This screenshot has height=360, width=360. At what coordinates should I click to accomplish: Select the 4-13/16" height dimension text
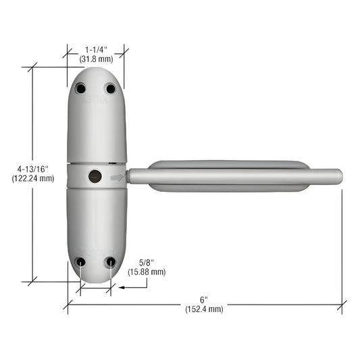33,169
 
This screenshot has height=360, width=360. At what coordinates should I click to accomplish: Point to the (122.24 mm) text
33,178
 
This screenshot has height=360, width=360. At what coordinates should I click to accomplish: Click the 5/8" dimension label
147,262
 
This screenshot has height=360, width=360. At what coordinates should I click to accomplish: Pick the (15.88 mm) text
147,272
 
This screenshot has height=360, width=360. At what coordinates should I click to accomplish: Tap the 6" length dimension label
204,299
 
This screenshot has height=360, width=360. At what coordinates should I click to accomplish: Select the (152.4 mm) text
204,309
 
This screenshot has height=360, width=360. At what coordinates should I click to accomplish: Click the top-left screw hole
81,88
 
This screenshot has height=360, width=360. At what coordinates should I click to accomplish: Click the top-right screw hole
111,88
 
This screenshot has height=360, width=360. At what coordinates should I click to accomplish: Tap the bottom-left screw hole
81,261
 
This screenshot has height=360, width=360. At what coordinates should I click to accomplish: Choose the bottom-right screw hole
110,261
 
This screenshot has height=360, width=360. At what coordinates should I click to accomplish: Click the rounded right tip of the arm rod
338,176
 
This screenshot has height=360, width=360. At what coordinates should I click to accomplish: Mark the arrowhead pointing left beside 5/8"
122,286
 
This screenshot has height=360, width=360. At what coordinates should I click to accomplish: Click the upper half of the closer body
97,125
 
